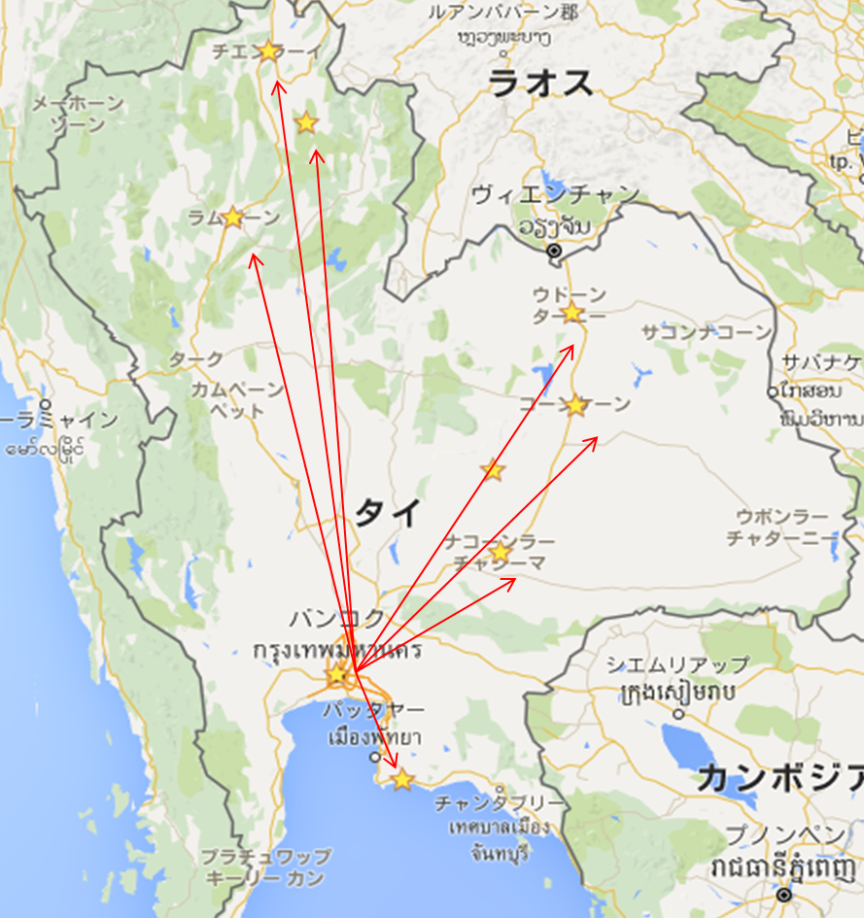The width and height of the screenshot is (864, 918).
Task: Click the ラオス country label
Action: [x=540, y=84]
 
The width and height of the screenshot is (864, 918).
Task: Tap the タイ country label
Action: [x=387, y=511]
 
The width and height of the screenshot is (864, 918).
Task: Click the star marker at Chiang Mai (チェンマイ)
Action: [x=268, y=50]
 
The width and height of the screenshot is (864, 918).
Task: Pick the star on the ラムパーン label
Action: [x=232, y=217]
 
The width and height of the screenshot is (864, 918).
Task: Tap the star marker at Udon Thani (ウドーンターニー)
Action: [x=571, y=312]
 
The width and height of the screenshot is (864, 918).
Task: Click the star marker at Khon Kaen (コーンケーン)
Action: [x=576, y=405]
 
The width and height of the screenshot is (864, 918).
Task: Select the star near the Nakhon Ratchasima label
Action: [x=500, y=553]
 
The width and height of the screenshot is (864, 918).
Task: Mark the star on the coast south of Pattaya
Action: [x=402, y=779]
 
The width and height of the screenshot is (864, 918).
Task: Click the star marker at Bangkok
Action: [x=337, y=672]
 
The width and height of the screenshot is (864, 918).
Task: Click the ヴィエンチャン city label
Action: [x=555, y=194]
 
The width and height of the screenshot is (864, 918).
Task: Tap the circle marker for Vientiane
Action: [x=554, y=251]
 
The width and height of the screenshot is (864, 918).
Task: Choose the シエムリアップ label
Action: [x=677, y=665]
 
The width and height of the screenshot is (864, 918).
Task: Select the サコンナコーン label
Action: [x=706, y=333]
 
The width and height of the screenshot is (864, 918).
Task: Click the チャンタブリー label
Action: [x=499, y=804]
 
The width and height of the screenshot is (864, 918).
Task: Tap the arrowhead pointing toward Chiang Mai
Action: [x=278, y=85]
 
